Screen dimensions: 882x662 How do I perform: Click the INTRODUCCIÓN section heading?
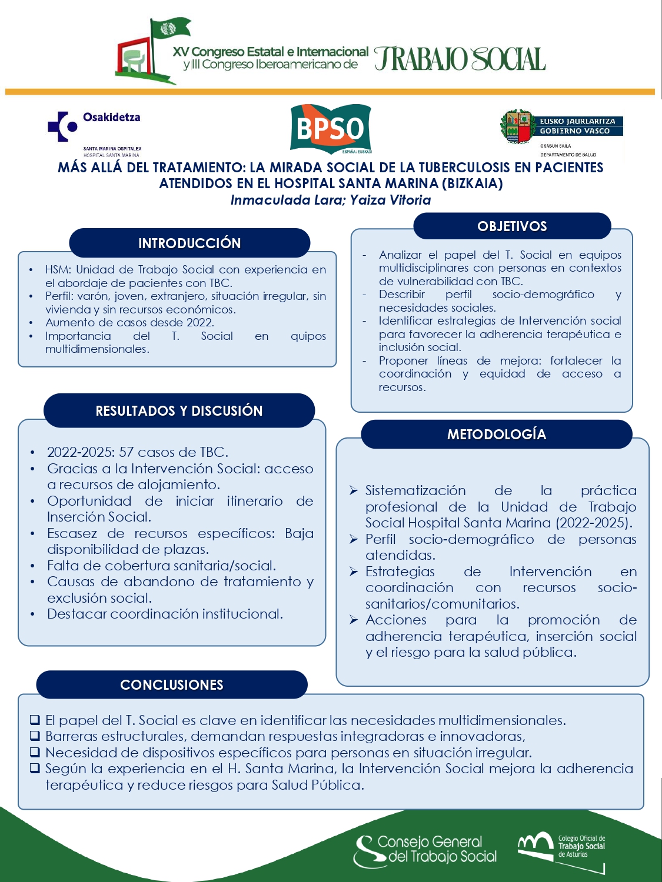pyautogui.click(x=189, y=243)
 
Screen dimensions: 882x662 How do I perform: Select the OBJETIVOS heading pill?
pyautogui.click(x=512, y=226)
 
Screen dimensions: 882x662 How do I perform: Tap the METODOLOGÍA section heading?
pyautogui.click(x=496, y=435)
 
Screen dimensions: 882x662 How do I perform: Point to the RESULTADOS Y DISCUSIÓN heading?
pyautogui.click(x=179, y=410)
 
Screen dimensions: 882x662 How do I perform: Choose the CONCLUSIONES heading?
pyautogui.click(x=171, y=684)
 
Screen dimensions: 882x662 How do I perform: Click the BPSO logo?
pyautogui.click(x=331, y=129)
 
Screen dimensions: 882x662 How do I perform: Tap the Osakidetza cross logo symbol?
pyautogui.click(x=62, y=126)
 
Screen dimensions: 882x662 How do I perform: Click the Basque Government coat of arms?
pyautogui.click(x=517, y=127)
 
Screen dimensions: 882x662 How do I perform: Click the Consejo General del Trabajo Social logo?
pyautogui.click(x=425, y=850)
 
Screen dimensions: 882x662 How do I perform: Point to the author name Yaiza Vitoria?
pyautogui.click(x=390, y=200)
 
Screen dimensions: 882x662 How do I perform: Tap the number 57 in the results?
pyautogui.click(x=127, y=452)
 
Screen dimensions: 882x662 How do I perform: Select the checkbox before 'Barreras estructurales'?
pyautogui.click(x=35, y=736)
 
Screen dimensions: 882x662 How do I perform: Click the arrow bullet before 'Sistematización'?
pyautogui.click(x=353, y=490)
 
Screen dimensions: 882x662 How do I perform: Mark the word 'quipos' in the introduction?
pyautogui.click(x=308, y=336)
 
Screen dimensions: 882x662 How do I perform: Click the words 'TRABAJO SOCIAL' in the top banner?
pyautogui.click(x=460, y=59)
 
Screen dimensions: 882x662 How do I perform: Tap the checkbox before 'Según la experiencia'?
pyautogui.click(x=35, y=769)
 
